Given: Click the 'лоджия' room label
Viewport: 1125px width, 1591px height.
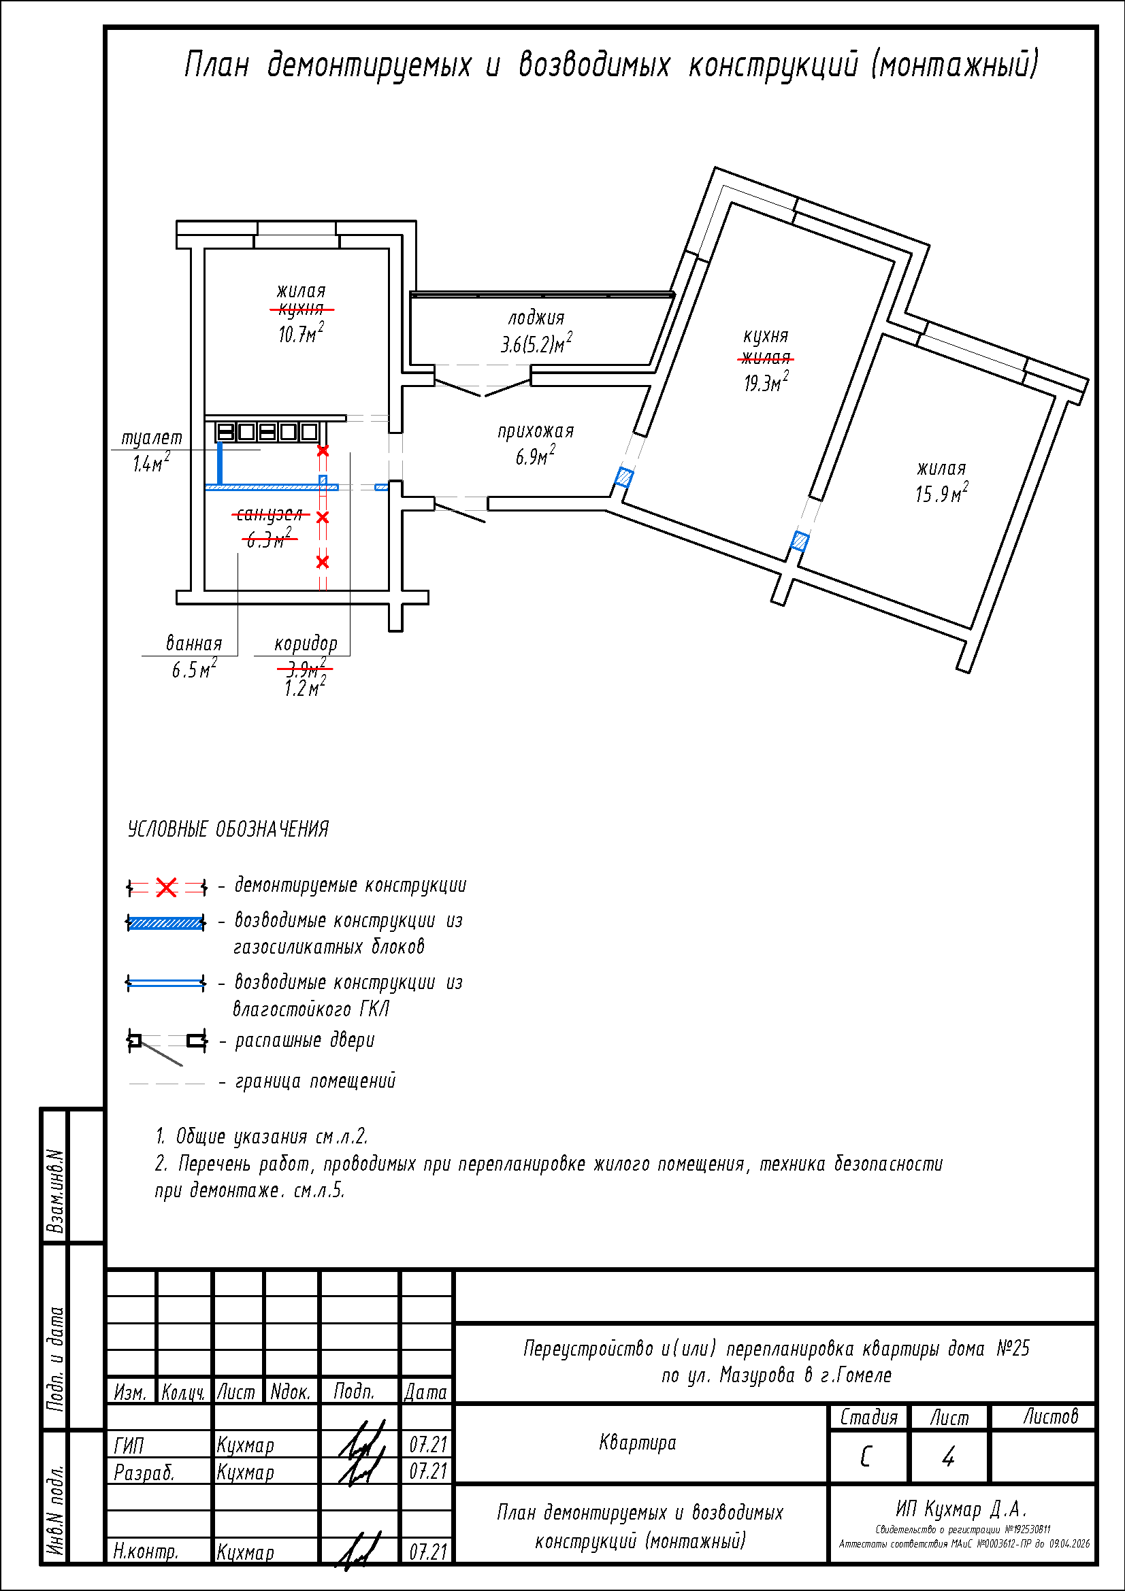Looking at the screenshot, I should (x=536, y=318).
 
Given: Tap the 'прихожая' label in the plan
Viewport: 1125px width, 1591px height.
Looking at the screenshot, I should (x=536, y=431).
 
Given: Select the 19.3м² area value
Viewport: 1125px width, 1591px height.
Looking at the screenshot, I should (x=766, y=382).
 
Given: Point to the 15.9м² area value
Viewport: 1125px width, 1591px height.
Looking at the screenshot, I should (x=941, y=493).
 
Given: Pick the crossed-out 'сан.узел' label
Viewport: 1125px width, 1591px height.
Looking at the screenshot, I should (x=270, y=514).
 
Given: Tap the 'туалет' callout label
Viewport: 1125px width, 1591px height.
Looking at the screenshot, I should (x=152, y=438).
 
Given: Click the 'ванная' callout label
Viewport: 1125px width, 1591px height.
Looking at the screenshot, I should (x=194, y=643).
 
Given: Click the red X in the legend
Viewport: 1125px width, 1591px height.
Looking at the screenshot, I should (x=166, y=887).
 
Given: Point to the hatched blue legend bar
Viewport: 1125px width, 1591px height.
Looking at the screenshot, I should (x=166, y=922).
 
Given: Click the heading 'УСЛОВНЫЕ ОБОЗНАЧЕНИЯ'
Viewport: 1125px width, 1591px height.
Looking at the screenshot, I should (x=228, y=828).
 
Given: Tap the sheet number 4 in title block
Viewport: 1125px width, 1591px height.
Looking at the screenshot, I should (x=948, y=1456).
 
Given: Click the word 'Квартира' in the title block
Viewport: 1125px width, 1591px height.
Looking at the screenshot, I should (x=637, y=1443).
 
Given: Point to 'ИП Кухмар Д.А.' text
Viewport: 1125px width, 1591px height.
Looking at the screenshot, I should (x=961, y=1508).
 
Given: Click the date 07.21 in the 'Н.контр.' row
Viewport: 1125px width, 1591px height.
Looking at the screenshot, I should (x=427, y=1552).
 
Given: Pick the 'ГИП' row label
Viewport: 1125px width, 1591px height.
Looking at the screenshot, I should (x=129, y=1445).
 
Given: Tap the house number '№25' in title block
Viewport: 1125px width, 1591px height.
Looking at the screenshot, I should (x=1013, y=1347).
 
